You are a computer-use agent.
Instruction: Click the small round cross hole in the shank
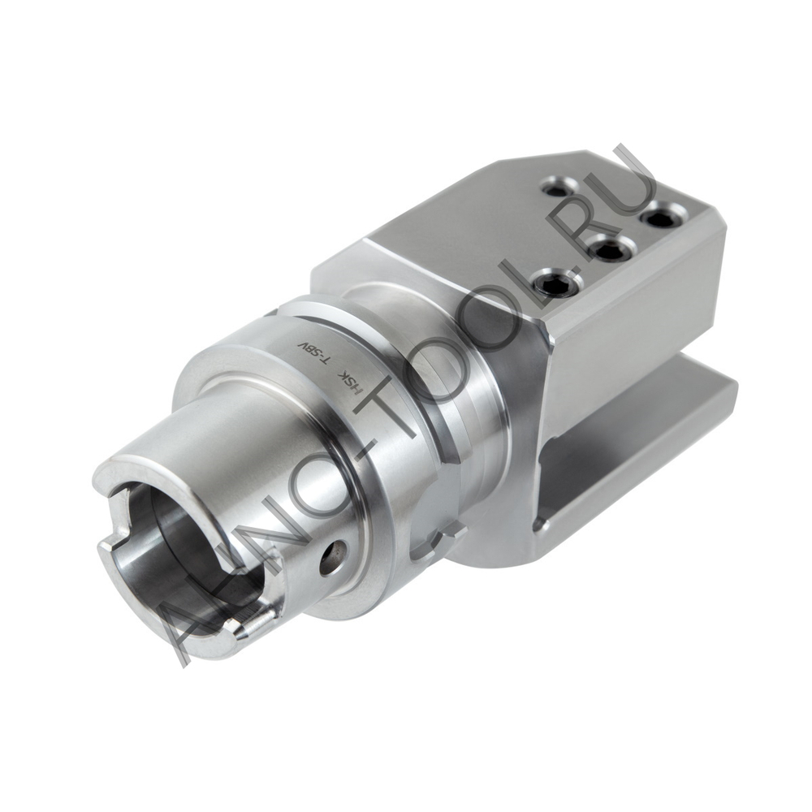tap(332, 559)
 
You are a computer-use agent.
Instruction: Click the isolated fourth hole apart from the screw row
tap(555, 189)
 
